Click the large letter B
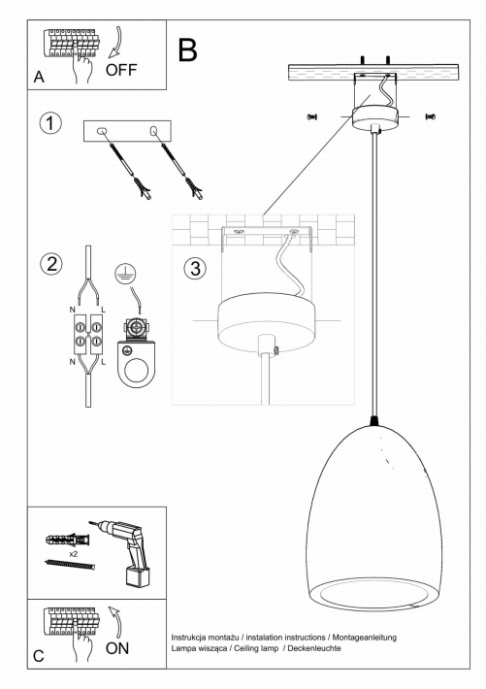pos(187,49)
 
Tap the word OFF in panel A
pos(121,70)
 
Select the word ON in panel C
pos(116,648)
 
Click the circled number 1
pos(50,123)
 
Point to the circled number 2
pos(51,264)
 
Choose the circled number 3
pos(195,268)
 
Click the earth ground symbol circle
pos(125,274)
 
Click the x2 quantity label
pos(73,554)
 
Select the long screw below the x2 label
pos(70,564)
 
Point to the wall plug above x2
pos(67,539)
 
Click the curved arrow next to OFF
pos(115,43)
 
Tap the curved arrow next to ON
pos(115,622)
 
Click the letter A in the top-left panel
pos(39,77)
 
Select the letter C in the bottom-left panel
pos(39,656)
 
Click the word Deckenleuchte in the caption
pos(314,648)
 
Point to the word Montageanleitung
pos(365,638)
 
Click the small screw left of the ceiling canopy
pos(312,116)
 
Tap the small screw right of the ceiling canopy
pos(430,116)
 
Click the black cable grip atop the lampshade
pos(373,421)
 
